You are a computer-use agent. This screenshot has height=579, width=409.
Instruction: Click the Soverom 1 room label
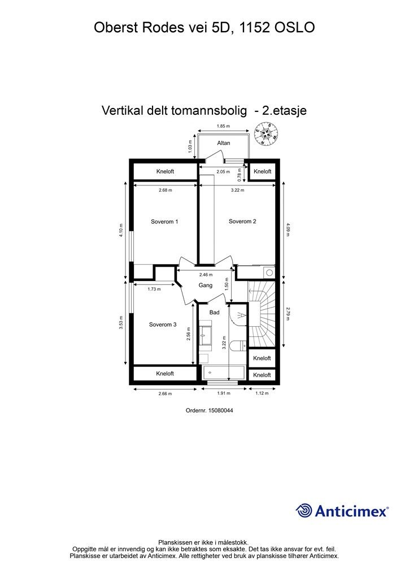[164, 222]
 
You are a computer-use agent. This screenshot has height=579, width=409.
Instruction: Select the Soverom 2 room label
[242, 221]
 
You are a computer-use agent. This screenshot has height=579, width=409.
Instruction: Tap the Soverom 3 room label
[163, 325]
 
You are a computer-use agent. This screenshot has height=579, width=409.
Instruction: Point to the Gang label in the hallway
[205, 286]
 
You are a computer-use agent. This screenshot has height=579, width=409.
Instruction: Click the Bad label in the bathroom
[214, 312]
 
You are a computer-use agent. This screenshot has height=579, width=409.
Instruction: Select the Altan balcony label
[224, 143]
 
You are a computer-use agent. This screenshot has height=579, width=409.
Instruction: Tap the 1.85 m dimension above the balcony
[224, 126]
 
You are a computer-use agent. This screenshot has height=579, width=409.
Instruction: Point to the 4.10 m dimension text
[121, 232]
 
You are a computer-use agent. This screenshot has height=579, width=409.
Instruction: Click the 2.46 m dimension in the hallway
[206, 275]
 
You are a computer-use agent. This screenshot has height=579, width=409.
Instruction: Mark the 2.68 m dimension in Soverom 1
[165, 190]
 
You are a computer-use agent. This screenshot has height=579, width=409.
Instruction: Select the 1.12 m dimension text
[262, 394]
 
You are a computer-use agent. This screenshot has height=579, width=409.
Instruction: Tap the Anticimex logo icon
[304, 511]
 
